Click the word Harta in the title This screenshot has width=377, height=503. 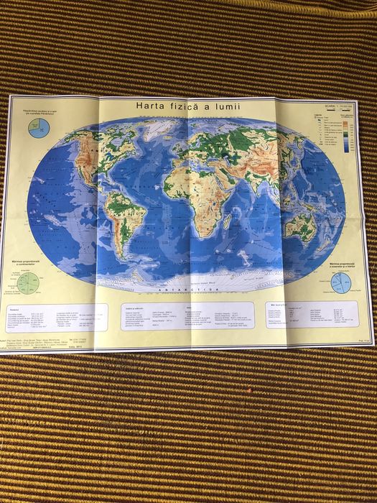[x=154, y=106]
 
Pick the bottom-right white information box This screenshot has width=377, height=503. [x=316, y=314]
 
